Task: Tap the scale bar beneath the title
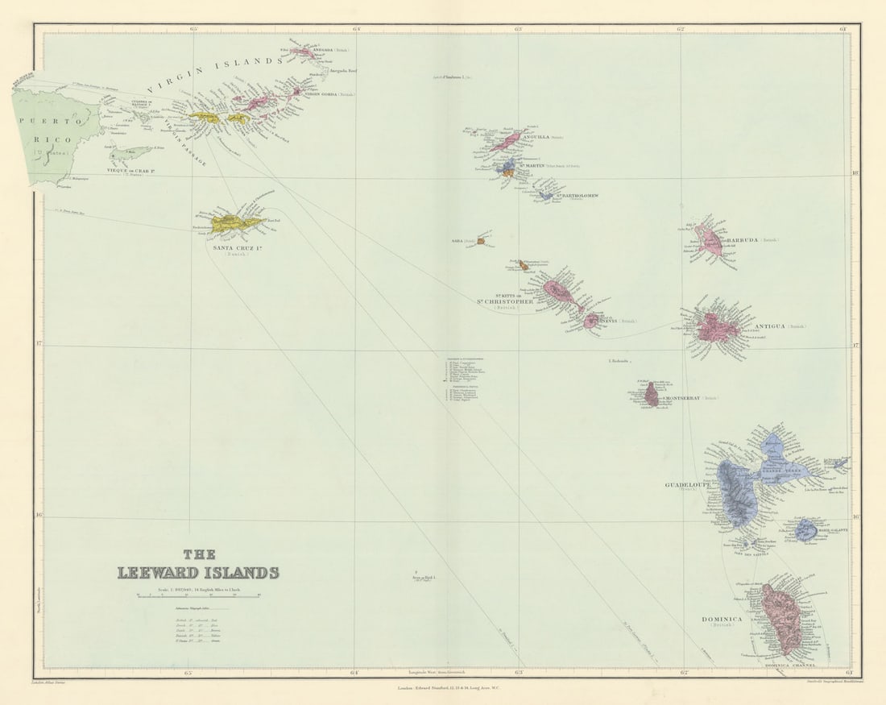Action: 198,595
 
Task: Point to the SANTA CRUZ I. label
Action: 238,247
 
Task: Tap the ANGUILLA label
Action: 536,137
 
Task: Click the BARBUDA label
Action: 743,240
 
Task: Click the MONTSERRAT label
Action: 682,398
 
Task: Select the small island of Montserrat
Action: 651,394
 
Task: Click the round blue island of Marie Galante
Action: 805,529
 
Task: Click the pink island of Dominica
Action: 780,617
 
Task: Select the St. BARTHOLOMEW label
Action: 577,195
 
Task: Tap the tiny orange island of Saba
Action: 481,240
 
